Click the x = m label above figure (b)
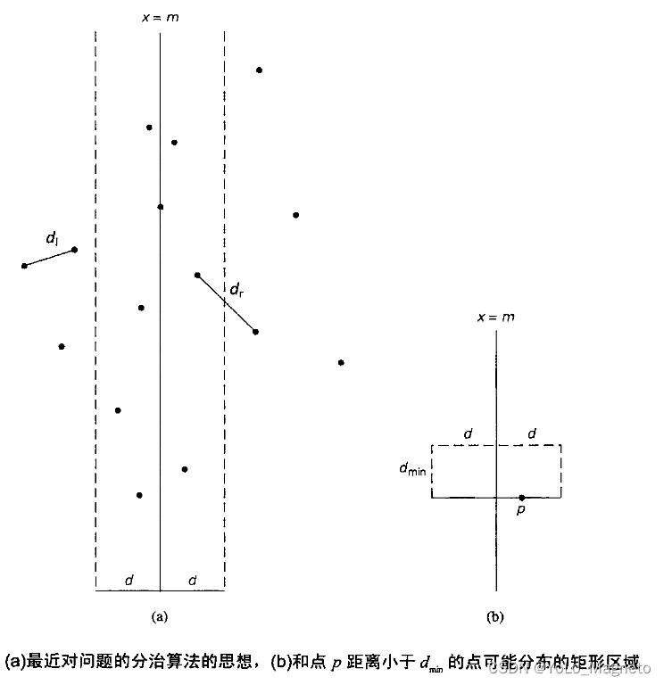495,318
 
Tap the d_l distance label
52,238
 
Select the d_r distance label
237,289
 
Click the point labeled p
521,498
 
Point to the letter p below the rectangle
521,511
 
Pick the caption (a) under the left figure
160,615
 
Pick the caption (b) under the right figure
495,615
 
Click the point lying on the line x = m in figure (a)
160,207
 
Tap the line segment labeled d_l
49,258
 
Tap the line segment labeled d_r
226,303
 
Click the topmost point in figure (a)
259,70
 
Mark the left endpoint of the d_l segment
24,266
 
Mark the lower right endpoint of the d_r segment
255,332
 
